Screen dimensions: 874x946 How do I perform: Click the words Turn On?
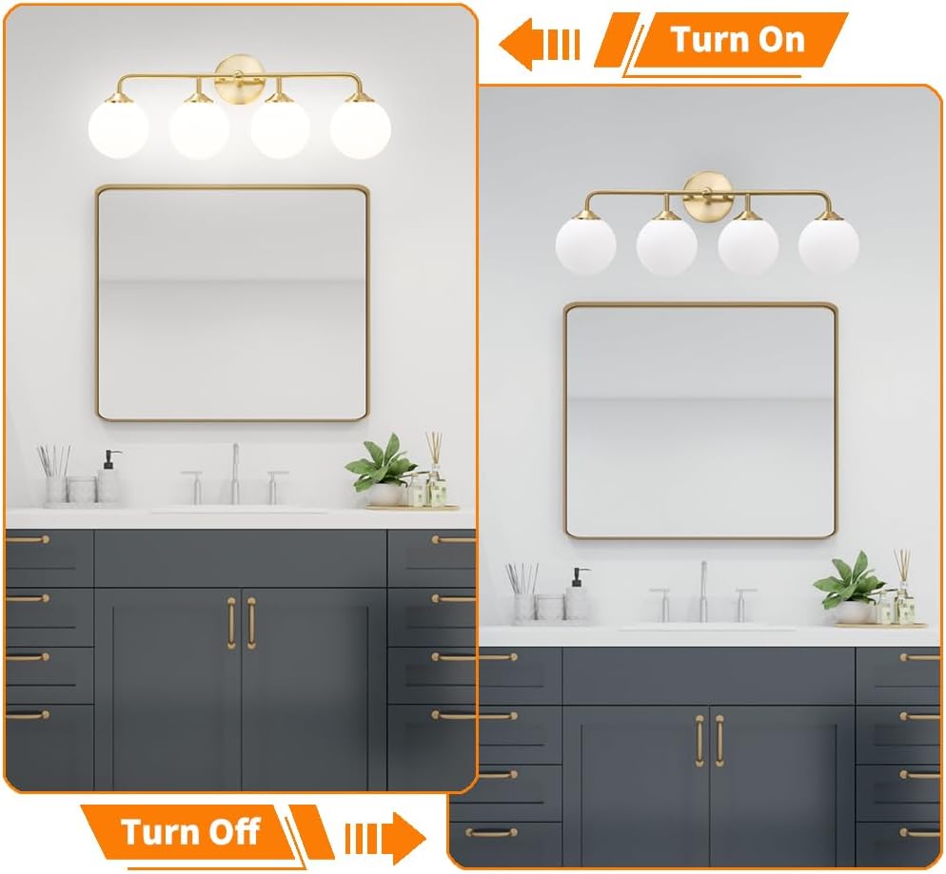click(738, 40)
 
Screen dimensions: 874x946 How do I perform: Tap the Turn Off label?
click(190, 832)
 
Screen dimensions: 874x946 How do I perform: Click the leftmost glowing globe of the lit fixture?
click(118, 128)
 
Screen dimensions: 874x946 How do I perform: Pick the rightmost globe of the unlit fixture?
click(828, 244)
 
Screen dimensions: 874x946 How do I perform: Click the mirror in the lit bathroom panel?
click(231, 302)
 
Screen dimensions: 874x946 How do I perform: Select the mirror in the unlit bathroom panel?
click(700, 420)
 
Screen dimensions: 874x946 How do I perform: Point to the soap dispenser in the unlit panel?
click(578, 596)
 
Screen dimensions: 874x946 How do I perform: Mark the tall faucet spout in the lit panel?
click(235, 473)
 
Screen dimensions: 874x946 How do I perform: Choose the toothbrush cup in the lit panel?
click(55, 480)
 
